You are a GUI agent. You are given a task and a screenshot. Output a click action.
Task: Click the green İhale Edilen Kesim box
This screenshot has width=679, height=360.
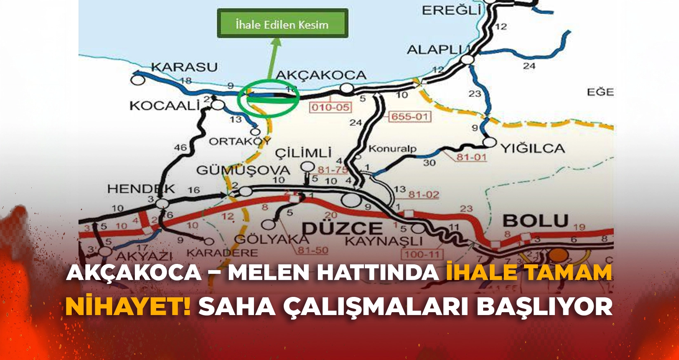coord(282,24)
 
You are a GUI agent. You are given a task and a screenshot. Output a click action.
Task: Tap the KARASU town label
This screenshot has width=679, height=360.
coord(184,67)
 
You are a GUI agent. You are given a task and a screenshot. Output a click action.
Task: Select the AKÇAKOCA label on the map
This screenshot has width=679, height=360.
coord(321,75)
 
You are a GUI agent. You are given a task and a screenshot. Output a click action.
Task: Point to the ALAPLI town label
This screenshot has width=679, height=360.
coord(435,50)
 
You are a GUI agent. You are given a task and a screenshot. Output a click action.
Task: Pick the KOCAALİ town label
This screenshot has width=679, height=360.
coord(164,106)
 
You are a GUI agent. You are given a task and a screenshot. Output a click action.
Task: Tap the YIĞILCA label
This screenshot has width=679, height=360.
coord(532,148)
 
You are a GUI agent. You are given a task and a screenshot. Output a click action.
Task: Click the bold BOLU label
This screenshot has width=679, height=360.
coord(536,221)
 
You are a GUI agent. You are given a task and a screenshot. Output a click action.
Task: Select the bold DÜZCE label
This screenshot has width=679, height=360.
coord(343,228)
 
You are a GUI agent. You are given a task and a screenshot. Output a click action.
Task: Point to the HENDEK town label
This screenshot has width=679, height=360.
coord(141,189)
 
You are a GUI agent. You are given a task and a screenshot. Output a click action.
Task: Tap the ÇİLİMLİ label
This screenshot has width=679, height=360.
coord(303,153)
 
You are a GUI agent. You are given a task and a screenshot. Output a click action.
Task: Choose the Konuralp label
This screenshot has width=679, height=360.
coord(392,148)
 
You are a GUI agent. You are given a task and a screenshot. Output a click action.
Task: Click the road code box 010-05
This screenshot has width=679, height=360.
coord(331,108)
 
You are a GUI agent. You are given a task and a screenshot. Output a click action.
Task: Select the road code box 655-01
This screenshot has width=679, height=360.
coord(410,117)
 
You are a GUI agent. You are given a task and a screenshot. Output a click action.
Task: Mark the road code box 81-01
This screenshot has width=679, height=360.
coord(471,157)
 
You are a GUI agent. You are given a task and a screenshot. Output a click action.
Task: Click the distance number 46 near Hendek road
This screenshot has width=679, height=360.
coord(181,147)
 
